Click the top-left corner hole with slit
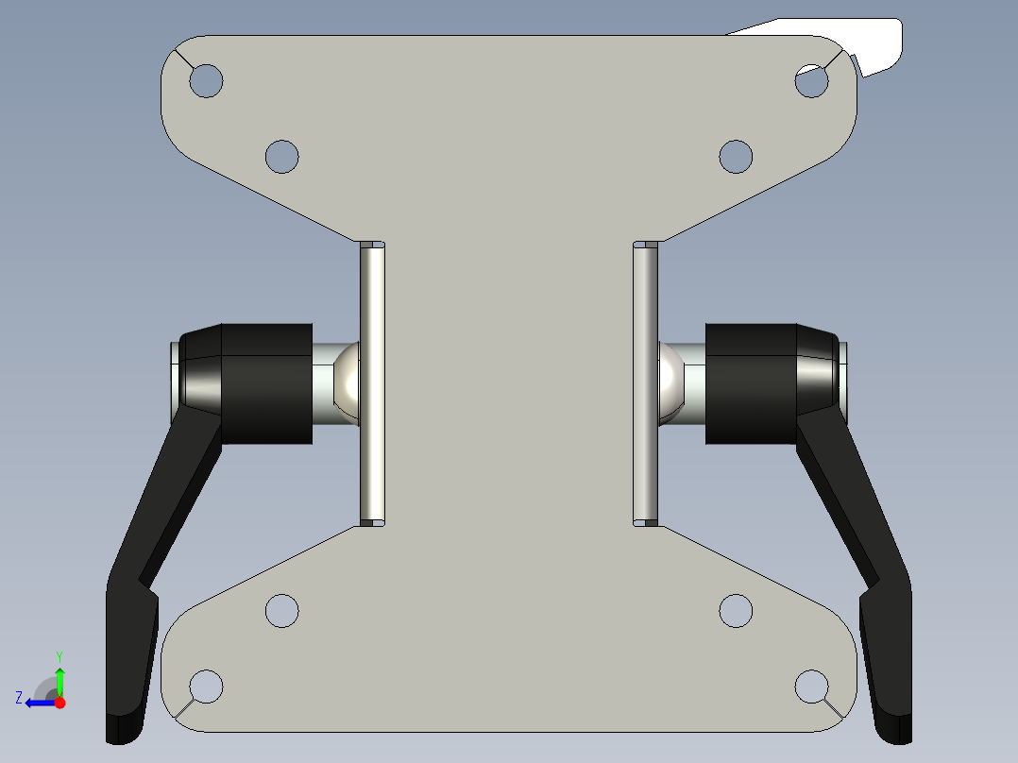point(206,81)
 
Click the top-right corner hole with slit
point(811,82)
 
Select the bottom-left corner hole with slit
point(206,686)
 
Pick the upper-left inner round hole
point(281,156)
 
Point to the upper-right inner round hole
point(736,156)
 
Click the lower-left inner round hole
point(281,611)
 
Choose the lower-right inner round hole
point(736,611)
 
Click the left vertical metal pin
point(372,382)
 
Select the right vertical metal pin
point(645,382)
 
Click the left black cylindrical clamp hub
point(266,383)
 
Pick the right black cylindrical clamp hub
point(752,383)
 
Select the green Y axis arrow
point(59,679)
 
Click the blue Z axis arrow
point(35,703)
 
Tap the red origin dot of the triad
point(59,703)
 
